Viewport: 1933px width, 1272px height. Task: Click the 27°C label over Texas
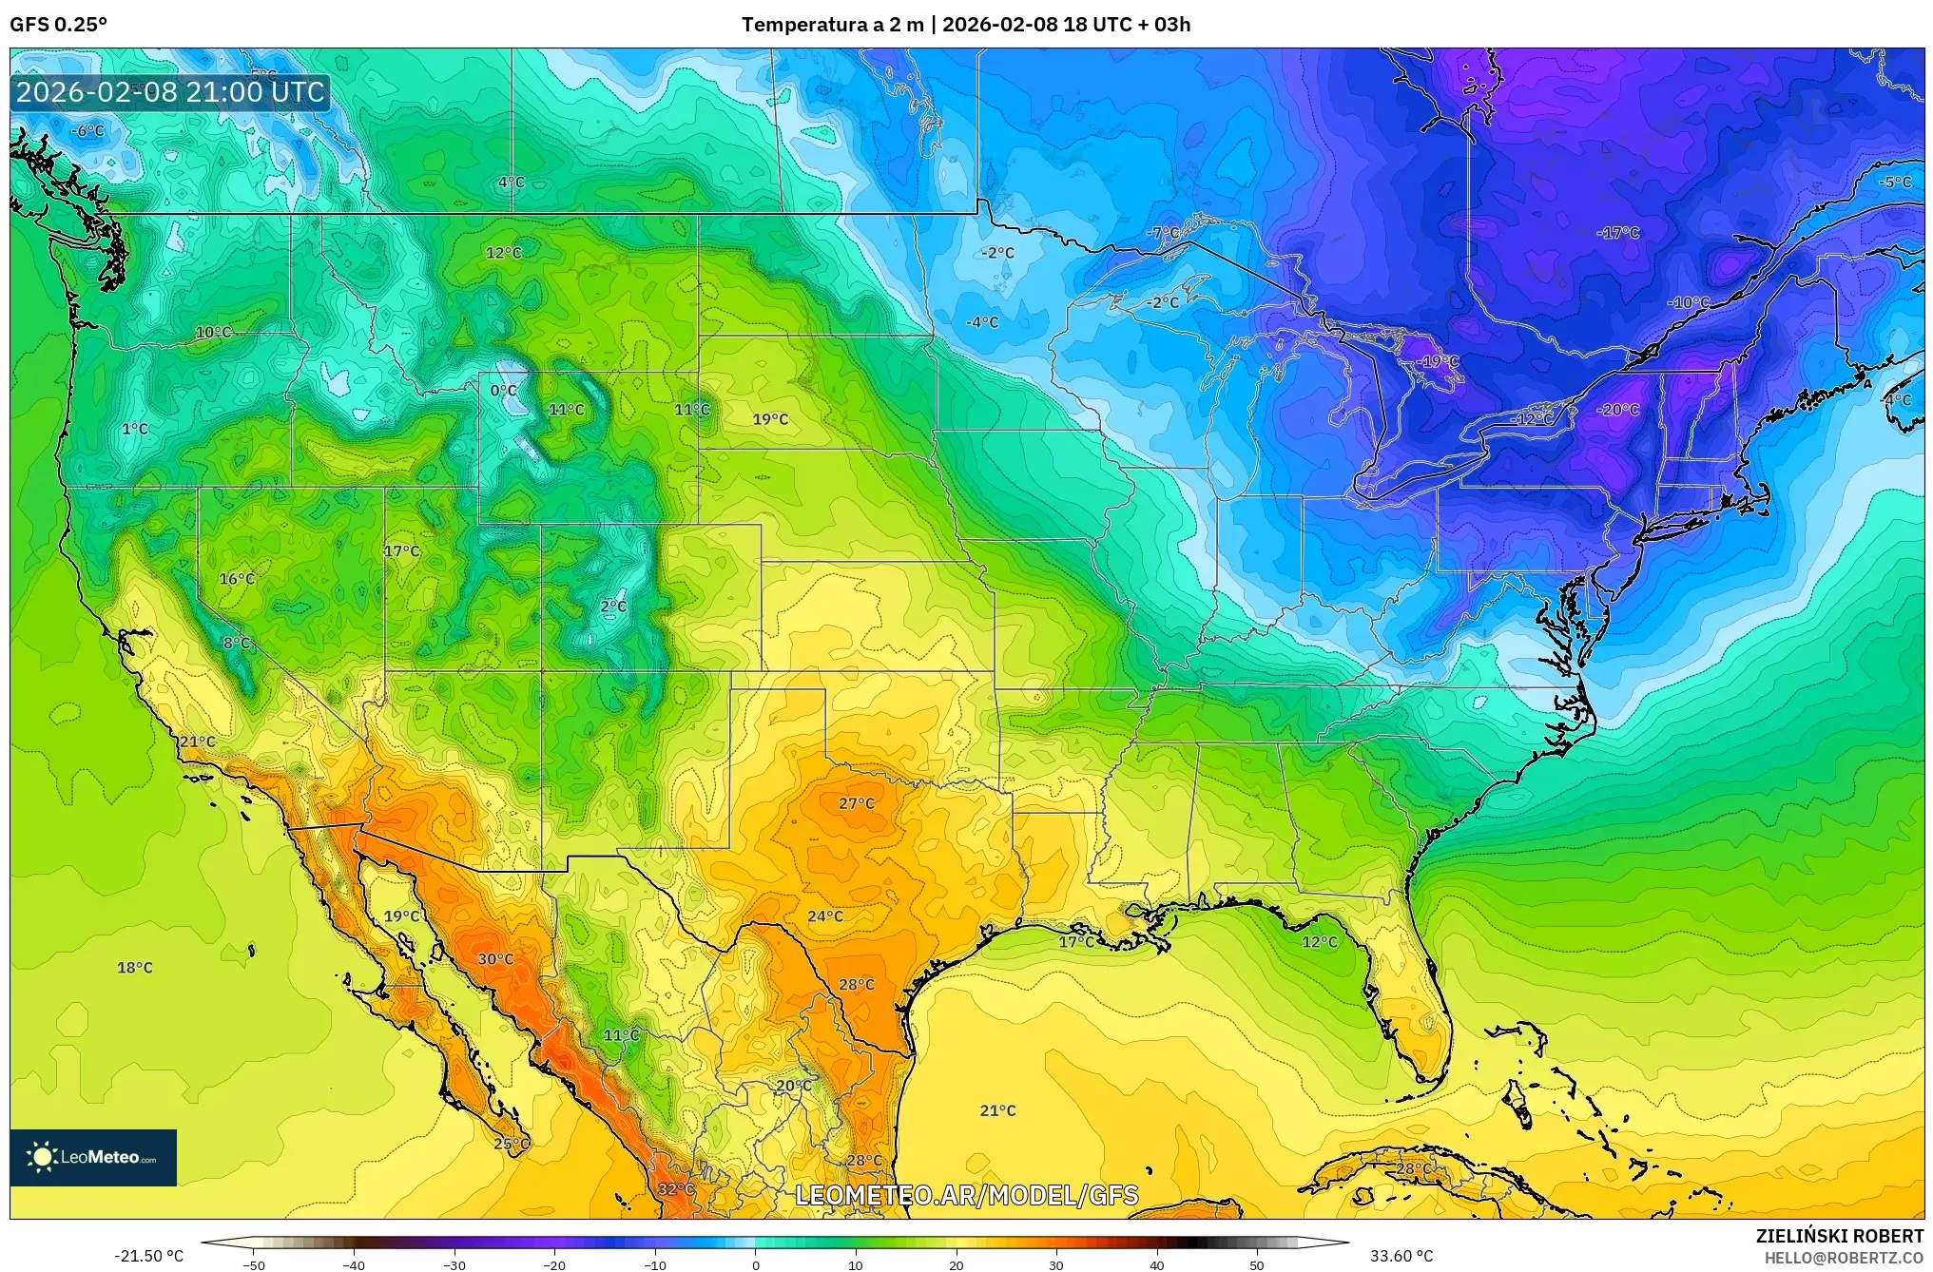(856, 803)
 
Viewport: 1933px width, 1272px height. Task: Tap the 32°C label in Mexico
(675, 1189)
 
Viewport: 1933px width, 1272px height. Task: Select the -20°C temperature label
(1619, 410)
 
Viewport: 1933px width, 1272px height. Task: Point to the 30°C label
(494, 959)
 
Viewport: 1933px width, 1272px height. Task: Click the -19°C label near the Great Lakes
(1439, 362)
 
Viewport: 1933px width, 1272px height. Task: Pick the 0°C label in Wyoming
(503, 391)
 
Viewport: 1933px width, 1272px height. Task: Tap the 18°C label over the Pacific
(134, 968)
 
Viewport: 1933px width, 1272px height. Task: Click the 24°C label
(824, 916)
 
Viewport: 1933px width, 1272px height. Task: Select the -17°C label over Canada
(1619, 233)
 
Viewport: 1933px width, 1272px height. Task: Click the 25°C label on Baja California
(511, 1144)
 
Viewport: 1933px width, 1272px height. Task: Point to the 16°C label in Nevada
(237, 579)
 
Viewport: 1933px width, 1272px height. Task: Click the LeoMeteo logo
(93, 1157)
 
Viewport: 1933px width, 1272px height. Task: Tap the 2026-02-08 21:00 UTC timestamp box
(170, 92)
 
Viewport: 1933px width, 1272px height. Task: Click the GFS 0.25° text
(58, 25)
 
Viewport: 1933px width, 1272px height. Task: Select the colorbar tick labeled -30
(454, 1264)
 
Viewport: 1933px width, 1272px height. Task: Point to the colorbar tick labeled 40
(1156, 1264)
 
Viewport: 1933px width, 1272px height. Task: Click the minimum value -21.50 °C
(148, 1256)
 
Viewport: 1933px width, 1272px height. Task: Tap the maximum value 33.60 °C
(1401, 1256)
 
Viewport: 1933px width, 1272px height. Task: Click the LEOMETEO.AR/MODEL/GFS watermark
(966, 1195)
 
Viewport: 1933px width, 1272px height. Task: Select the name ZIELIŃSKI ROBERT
(1839, 1236)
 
